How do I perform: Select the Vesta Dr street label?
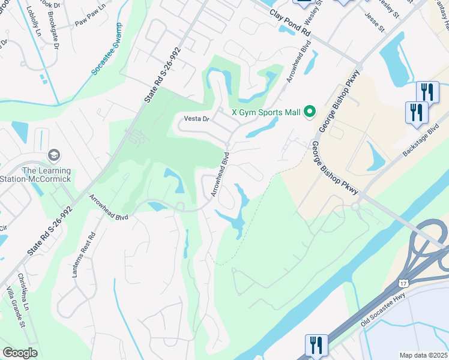(x=197, y=119)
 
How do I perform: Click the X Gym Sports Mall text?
(x=266, y=111)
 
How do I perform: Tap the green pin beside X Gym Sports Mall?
(x=310, y=111)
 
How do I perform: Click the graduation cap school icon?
(x=53, y=156)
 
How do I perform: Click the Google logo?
(x=20, y=353)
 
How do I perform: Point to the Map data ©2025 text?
(x=424, y=355)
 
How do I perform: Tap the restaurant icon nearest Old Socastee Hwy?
(x=316, y=345)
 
